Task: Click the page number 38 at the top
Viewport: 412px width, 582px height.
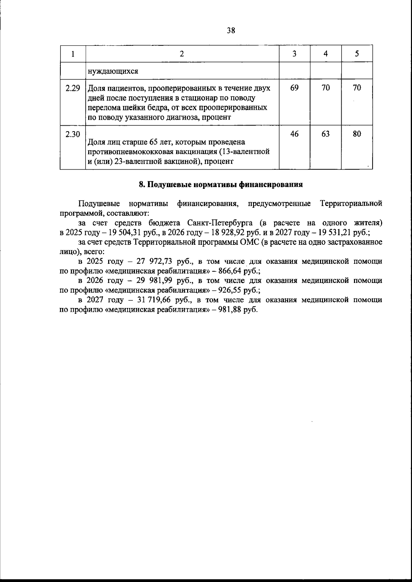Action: (231, 31)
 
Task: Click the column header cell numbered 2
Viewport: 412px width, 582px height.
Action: (182, 54)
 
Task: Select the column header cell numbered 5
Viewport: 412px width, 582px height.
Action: (357, 54)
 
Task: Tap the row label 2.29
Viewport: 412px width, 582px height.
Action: (72, 88)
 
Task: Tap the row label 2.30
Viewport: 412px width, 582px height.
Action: (72, 134)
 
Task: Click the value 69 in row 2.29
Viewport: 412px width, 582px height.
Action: (294, 88)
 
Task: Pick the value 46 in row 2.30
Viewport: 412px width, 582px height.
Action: (294, 134)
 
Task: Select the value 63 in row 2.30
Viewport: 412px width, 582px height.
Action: (325, 134)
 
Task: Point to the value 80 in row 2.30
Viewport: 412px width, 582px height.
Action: (357, 134)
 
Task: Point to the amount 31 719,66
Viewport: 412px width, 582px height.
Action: (153, 300)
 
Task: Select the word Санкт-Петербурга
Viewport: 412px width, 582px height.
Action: (217, 223)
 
